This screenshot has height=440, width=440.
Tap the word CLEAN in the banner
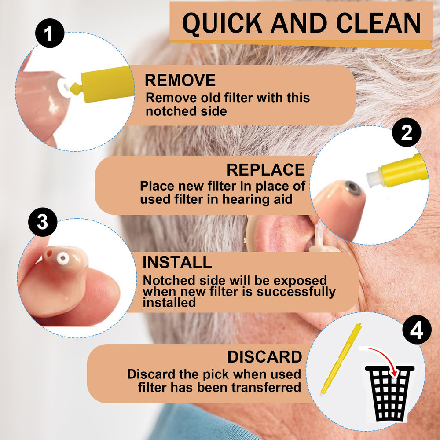[x=378, y=23]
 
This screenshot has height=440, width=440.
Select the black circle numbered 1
[x=50, y=33]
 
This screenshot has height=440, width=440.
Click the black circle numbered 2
[x=406, y=132]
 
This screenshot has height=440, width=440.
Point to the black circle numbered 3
[x=43, y=222]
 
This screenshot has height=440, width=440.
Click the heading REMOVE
[x=180, y=80]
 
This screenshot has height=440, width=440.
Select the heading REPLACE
[x=266, y=170]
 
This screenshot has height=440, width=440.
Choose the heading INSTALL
[x=177, y=262]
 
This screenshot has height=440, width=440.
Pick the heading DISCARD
[x=264, y=357]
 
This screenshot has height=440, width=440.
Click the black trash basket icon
[x=390, y=392]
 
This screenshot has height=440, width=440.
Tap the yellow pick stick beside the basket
[x=341, y=359]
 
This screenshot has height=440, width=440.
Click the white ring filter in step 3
[x=62, y=258]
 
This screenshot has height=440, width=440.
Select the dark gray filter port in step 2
[x=353, y=188]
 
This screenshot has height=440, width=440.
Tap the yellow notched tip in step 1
[x=76, y=88]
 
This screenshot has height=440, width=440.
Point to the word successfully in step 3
[x=296, y=292]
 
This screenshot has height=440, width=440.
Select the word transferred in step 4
[x=266, y=388]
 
